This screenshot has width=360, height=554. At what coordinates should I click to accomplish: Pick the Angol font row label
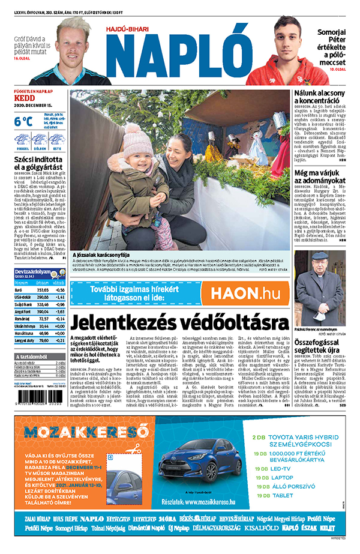pyautogui.click(x=23, y=312)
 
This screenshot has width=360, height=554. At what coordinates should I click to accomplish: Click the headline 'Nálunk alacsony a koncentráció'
pyautogui.click(x=320, y=98)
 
